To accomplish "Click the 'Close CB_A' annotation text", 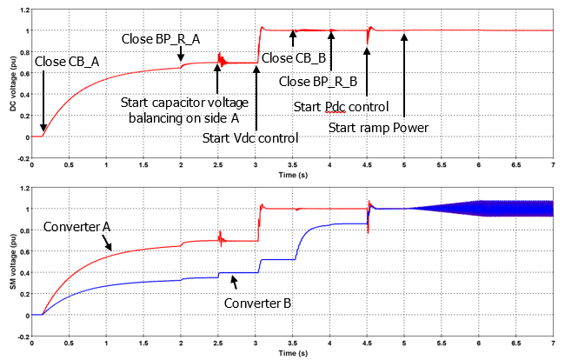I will [x=66, y=62].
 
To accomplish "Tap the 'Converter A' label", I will [x=76, y=228].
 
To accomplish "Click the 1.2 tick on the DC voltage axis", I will [x=23, y=10].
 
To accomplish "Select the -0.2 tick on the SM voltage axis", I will [x=21, y=337].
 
